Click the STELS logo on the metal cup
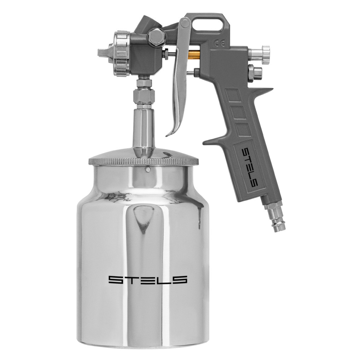tap(147, 280)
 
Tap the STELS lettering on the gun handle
tap(250, 167)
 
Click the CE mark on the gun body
tap(217, 43)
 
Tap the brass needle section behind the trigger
tap(194, 54)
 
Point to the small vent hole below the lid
tap(148, 170)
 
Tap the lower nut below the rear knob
tap(256, 72)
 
